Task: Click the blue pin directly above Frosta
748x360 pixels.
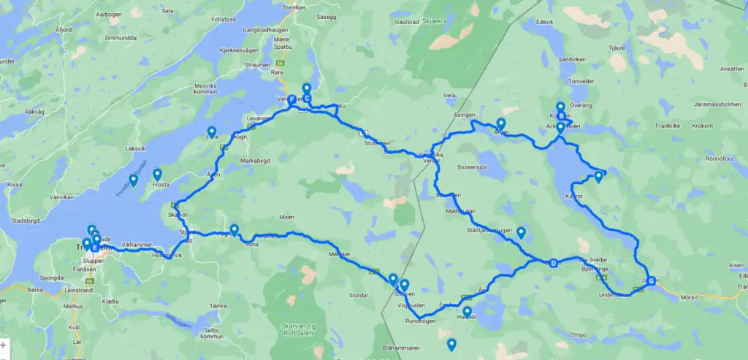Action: pos(157,175)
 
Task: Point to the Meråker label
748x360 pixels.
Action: pos(340,253)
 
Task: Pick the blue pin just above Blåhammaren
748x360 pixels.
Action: pos(451,345)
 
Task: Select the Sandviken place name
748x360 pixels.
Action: pos(572,58)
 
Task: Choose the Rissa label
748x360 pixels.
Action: pos(14,185)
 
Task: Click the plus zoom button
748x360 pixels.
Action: pos(4,345)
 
